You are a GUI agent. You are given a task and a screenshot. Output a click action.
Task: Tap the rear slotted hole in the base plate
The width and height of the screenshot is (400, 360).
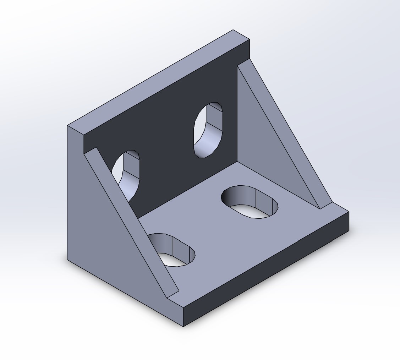tap(250, 201)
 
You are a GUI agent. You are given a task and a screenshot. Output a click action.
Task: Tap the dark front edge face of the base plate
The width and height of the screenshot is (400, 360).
tap(266, 270)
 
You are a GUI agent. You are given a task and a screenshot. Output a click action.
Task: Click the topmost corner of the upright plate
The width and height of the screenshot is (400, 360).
tap(233, 30)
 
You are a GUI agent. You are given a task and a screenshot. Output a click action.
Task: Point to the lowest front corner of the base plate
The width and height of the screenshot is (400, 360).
tap(183, 326)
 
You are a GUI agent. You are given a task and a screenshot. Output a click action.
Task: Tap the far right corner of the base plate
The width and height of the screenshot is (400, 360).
tap(349, 212)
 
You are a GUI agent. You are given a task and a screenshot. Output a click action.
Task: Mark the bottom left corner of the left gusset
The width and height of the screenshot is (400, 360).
tap(68, 260)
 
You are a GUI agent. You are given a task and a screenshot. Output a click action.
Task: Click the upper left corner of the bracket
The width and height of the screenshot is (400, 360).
tap(68, 126)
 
